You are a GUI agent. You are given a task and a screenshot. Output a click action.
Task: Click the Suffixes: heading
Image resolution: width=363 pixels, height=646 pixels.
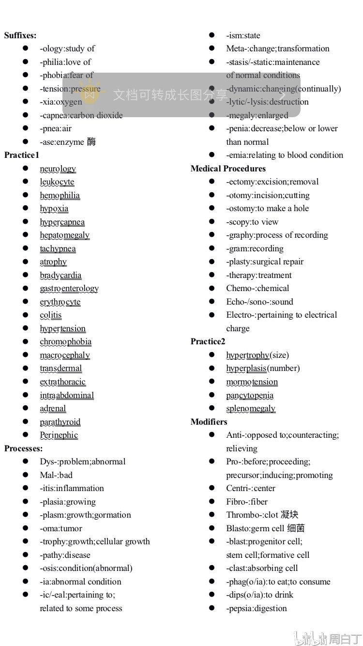(20, 35)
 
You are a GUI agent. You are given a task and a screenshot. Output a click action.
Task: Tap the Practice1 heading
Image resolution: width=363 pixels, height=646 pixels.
(22, 155)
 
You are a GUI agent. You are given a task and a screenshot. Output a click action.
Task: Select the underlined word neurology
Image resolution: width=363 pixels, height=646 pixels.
(58, 169)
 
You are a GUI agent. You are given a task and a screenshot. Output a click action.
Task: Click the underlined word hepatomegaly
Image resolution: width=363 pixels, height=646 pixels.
(64, 235)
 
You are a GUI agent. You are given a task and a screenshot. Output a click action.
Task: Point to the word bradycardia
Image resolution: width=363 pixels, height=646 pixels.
(60, 275)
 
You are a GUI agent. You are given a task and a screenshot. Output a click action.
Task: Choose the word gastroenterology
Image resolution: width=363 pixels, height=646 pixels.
(69, 289)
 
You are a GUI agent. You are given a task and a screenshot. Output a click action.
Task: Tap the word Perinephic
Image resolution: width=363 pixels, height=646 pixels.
(59, 435)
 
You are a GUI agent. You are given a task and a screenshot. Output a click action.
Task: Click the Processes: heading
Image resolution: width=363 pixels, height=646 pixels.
(23, 448)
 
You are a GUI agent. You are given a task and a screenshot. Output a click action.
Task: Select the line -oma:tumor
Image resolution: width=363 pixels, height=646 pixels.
(61, 528)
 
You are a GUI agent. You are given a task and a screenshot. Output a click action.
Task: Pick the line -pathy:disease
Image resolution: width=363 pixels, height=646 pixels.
(65, 555)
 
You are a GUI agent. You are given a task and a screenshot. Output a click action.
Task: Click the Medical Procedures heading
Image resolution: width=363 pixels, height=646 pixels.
(228, 169)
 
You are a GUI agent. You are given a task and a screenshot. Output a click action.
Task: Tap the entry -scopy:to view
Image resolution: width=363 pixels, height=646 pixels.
(252, 222)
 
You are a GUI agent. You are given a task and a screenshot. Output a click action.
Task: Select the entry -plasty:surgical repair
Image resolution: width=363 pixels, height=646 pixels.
(265, 261)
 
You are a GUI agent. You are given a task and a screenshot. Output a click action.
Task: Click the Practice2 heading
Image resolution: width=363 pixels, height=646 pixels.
(208, 341)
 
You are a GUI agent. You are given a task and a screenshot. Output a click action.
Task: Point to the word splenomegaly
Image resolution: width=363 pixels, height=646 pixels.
(251, 408)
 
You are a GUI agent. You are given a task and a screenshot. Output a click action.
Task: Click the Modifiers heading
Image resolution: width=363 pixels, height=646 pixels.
(209, 422)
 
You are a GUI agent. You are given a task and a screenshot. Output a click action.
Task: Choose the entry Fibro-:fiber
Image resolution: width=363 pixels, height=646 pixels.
(247, 502)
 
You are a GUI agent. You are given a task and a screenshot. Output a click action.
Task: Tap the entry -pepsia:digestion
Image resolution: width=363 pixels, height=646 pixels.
(257, 608)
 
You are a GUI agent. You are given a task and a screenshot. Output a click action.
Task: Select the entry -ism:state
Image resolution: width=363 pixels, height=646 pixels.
(243, 35)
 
